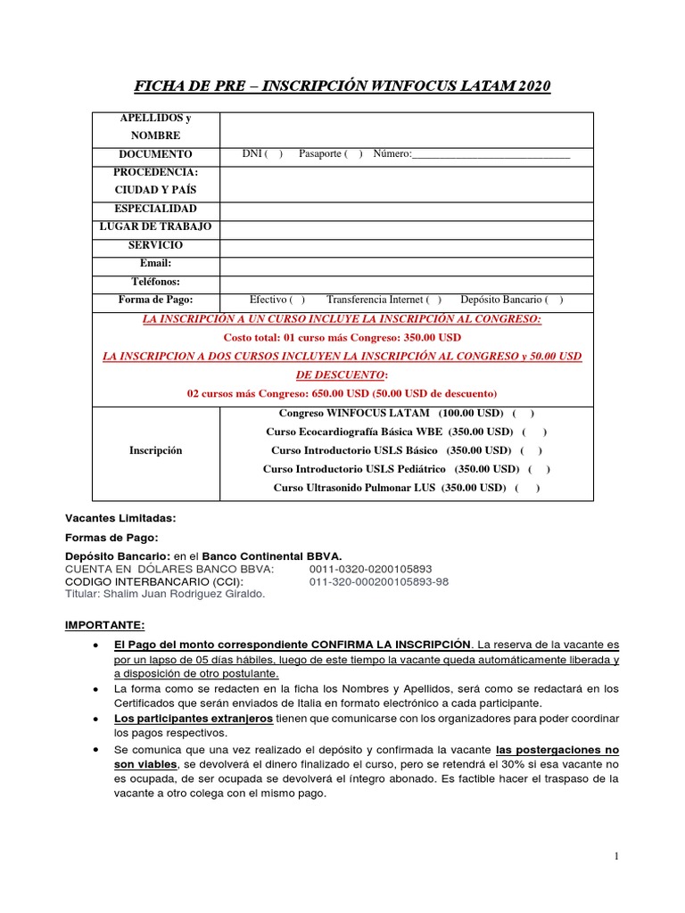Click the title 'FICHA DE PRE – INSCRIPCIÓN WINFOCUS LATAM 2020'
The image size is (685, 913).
(x=342, y=86)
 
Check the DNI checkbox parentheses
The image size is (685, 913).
(x=274, y=154)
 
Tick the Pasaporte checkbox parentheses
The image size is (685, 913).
(x=354, y=154)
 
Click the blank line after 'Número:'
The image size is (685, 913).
(x=491, y=155)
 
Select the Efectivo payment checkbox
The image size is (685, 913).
(x=297, y=300)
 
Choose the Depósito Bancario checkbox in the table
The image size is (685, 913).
(x=554, y=300)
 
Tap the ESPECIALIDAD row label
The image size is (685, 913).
(x=157, y=209)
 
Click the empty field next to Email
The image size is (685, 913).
(x=406, y=264)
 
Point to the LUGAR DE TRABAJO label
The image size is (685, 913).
(x=157, y=227)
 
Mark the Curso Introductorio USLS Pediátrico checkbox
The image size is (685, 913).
(x=540, y=469)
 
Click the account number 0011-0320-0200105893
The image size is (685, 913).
(x=370, y=569)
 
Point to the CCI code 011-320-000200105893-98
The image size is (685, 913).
(x=379, y=581)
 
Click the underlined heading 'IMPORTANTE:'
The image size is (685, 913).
(x=103, y=625)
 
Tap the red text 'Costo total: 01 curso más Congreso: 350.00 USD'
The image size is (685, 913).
(x=342, y=338)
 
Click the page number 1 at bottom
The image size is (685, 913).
(x=616, y=857)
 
